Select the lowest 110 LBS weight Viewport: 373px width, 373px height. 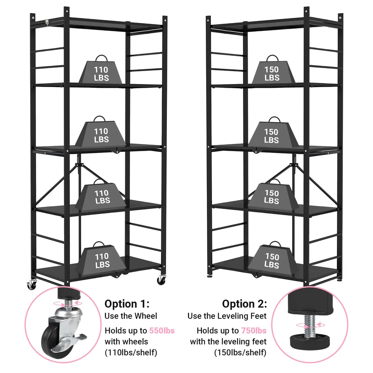102,260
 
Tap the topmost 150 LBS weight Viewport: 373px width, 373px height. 272,72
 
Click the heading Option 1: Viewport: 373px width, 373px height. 127,304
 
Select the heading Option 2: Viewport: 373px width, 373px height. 244,304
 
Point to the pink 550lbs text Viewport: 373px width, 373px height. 162,331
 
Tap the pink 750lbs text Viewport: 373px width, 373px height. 254,331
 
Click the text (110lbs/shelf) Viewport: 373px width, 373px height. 131,353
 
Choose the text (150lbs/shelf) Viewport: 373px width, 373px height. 240,353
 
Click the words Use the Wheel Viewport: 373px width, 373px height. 131,316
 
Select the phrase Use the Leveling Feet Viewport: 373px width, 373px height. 227,316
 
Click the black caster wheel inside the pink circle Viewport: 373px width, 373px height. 50,341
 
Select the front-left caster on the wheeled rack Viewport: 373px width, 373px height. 31,284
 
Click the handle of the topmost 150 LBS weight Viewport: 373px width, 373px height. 272,58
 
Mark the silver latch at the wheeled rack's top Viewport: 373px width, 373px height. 46,23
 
